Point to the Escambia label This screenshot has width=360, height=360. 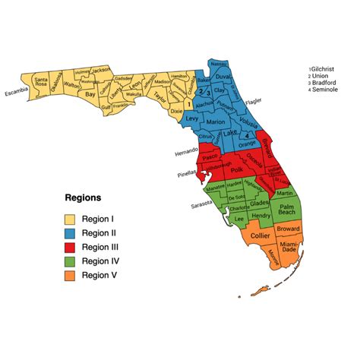tap(17, 95)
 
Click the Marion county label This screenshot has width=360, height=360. tap(216, 122)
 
